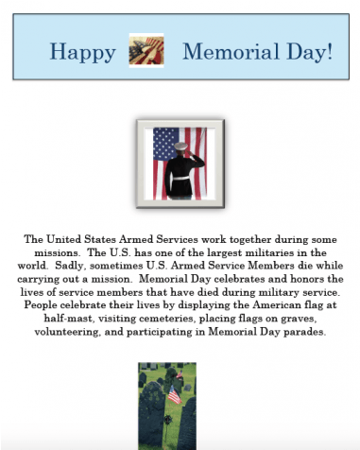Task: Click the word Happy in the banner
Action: coord(81,51)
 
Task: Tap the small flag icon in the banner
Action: coord(146,50)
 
